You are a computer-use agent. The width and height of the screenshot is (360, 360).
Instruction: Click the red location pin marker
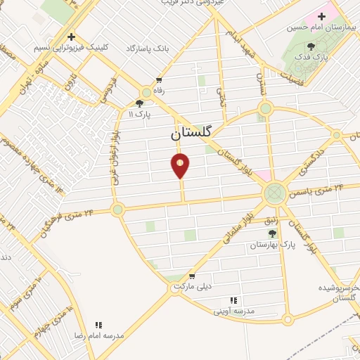click(181, 165)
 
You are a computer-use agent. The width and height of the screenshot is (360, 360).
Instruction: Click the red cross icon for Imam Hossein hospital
click(322, 15)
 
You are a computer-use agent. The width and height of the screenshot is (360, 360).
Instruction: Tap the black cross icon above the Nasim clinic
click(70, 37)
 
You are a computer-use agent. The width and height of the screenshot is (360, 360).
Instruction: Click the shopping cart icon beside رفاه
click(160, 81)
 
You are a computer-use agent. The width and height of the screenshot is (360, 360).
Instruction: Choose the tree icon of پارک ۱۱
click(139, 103)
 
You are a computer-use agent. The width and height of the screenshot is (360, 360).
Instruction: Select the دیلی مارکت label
click(195, 287)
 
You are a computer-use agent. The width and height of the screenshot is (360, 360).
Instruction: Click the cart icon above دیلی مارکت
click(191, 276)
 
